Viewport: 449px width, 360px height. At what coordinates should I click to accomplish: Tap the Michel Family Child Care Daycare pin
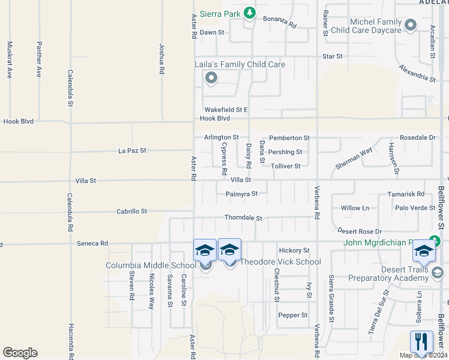click(411, 25)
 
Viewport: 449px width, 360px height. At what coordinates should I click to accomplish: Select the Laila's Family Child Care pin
click(211, 77)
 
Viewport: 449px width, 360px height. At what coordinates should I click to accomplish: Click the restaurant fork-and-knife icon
click(421, 342)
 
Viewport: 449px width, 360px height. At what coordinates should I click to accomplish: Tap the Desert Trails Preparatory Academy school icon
click(424, 251)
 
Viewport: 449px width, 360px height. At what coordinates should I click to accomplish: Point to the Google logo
click(20, 353)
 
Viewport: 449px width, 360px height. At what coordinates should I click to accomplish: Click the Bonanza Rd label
click(280, 22)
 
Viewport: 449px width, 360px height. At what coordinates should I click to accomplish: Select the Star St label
click(332, 56)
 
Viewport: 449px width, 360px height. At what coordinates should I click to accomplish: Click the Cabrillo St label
click(132, 211)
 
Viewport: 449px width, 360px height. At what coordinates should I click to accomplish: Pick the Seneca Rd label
click(92, 244)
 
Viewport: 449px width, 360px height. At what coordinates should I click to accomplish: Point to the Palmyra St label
click(241, 194)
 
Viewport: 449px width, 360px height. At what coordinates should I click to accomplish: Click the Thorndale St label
click(243, 218)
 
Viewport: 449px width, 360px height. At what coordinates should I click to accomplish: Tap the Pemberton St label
click(289, 138)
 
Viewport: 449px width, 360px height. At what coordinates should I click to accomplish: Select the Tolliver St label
click(285, 166)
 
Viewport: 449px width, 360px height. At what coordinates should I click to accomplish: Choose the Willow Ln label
click(355, 208)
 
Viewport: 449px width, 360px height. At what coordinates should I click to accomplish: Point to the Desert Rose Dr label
click(360, 231)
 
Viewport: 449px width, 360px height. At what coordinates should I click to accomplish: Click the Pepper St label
click(292, 315)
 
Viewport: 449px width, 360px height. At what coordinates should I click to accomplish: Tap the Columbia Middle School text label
click(151, 265)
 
